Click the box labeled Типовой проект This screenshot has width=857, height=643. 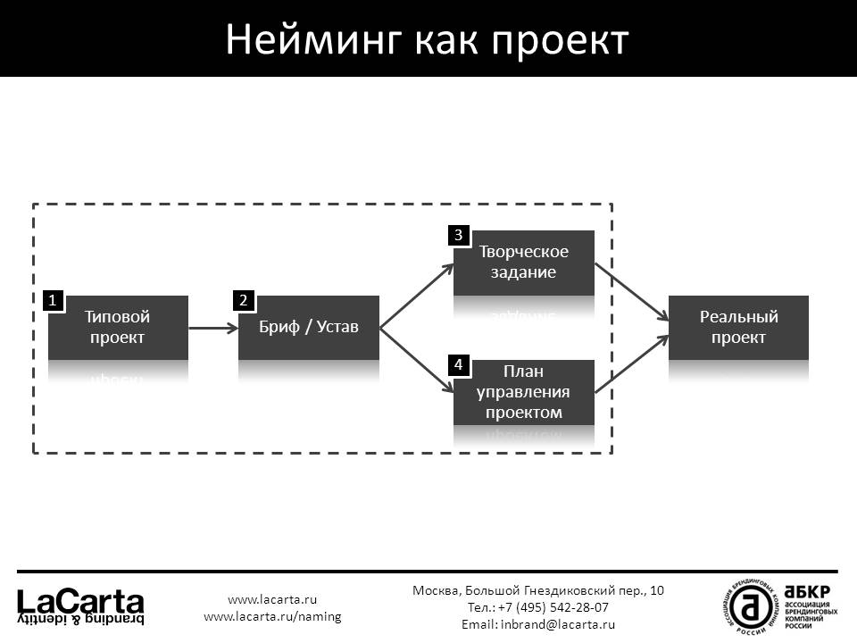[x=118, y=328]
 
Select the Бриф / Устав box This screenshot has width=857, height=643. [x=309, y=328]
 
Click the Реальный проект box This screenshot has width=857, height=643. [x=738, y=328]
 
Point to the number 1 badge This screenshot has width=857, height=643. [x=54, y=302]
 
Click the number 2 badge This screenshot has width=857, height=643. [x=243, y=302]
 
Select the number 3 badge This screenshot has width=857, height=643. [x=458, y=236]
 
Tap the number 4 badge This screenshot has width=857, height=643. [x=458, y=365]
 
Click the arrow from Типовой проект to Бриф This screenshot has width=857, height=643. [x=212, y=328]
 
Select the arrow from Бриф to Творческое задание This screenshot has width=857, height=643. [x=416, y=296]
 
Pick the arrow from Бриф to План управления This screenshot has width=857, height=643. [x=416, y=360]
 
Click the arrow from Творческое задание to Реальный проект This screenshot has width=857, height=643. [x=631, y=291]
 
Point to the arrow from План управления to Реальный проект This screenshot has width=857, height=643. [x=631, y=364]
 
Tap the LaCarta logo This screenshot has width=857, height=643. [x=81, y=605]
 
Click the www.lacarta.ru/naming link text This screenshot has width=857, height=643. [x=272, y=616]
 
